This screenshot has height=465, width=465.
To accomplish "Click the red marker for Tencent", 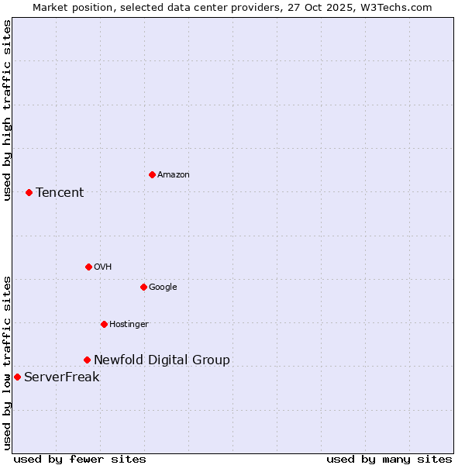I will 29,192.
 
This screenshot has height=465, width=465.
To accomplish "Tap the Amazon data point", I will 152,174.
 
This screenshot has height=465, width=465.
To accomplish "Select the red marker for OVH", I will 88,267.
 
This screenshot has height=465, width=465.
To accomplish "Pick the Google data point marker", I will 143,287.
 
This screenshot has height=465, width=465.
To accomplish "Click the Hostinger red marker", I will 104,324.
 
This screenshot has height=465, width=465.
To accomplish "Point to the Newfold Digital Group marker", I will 87,360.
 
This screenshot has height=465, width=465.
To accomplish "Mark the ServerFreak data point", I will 17,377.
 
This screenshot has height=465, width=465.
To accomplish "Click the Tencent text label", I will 60,192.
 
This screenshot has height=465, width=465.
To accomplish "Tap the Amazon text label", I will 174,174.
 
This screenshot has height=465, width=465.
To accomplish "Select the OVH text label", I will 103,267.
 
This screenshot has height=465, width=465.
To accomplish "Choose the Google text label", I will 163,287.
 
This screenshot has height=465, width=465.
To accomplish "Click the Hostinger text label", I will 129,324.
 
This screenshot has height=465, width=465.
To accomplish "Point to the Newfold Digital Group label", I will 162,360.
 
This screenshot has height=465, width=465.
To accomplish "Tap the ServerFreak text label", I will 62,377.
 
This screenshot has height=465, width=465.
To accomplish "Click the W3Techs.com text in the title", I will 399,7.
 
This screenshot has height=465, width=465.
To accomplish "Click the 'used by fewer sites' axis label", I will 80,459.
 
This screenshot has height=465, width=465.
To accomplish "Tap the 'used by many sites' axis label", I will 389,459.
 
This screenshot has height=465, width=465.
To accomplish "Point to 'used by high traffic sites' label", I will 7,110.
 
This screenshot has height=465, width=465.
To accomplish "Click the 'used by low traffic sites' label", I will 7,363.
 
